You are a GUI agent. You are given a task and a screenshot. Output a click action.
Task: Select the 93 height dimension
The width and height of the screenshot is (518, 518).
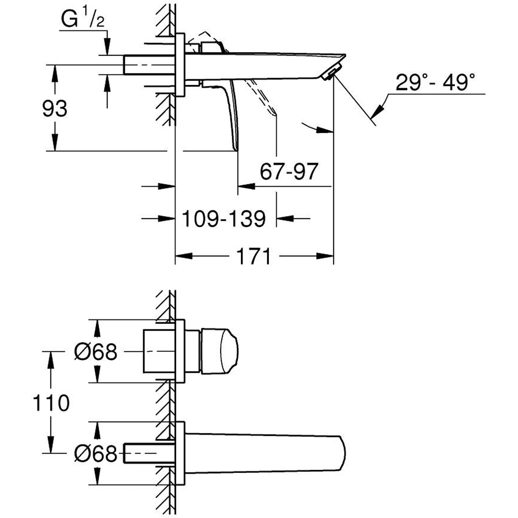[54, 109]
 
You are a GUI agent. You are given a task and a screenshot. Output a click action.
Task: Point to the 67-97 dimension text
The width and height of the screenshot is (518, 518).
[288, 171]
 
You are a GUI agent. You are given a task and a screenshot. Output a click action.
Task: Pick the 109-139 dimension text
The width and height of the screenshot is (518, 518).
[224, 219]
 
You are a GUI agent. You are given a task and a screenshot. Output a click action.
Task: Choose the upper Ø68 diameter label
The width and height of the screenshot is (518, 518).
[96, 352]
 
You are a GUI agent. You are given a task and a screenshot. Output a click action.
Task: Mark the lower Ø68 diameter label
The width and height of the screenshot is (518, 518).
[96, 454]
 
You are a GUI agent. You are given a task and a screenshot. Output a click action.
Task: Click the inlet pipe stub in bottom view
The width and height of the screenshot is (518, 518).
[148, 453]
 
